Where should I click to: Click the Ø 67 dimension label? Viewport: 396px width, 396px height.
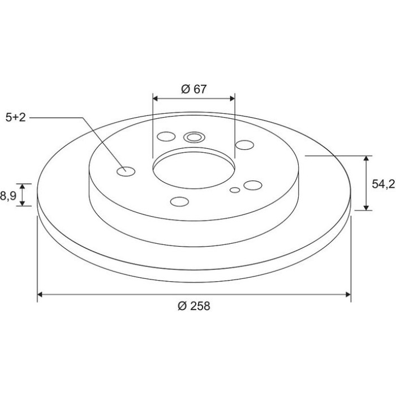193,89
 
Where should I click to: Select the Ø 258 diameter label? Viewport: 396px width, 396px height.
193,306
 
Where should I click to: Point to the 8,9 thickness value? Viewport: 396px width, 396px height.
8,196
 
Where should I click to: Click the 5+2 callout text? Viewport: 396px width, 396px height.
16,118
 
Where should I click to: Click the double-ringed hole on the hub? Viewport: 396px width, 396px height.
194,137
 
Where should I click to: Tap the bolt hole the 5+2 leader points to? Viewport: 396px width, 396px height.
126,171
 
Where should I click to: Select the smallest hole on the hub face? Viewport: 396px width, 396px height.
235,190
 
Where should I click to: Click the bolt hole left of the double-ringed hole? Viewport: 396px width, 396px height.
166,136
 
